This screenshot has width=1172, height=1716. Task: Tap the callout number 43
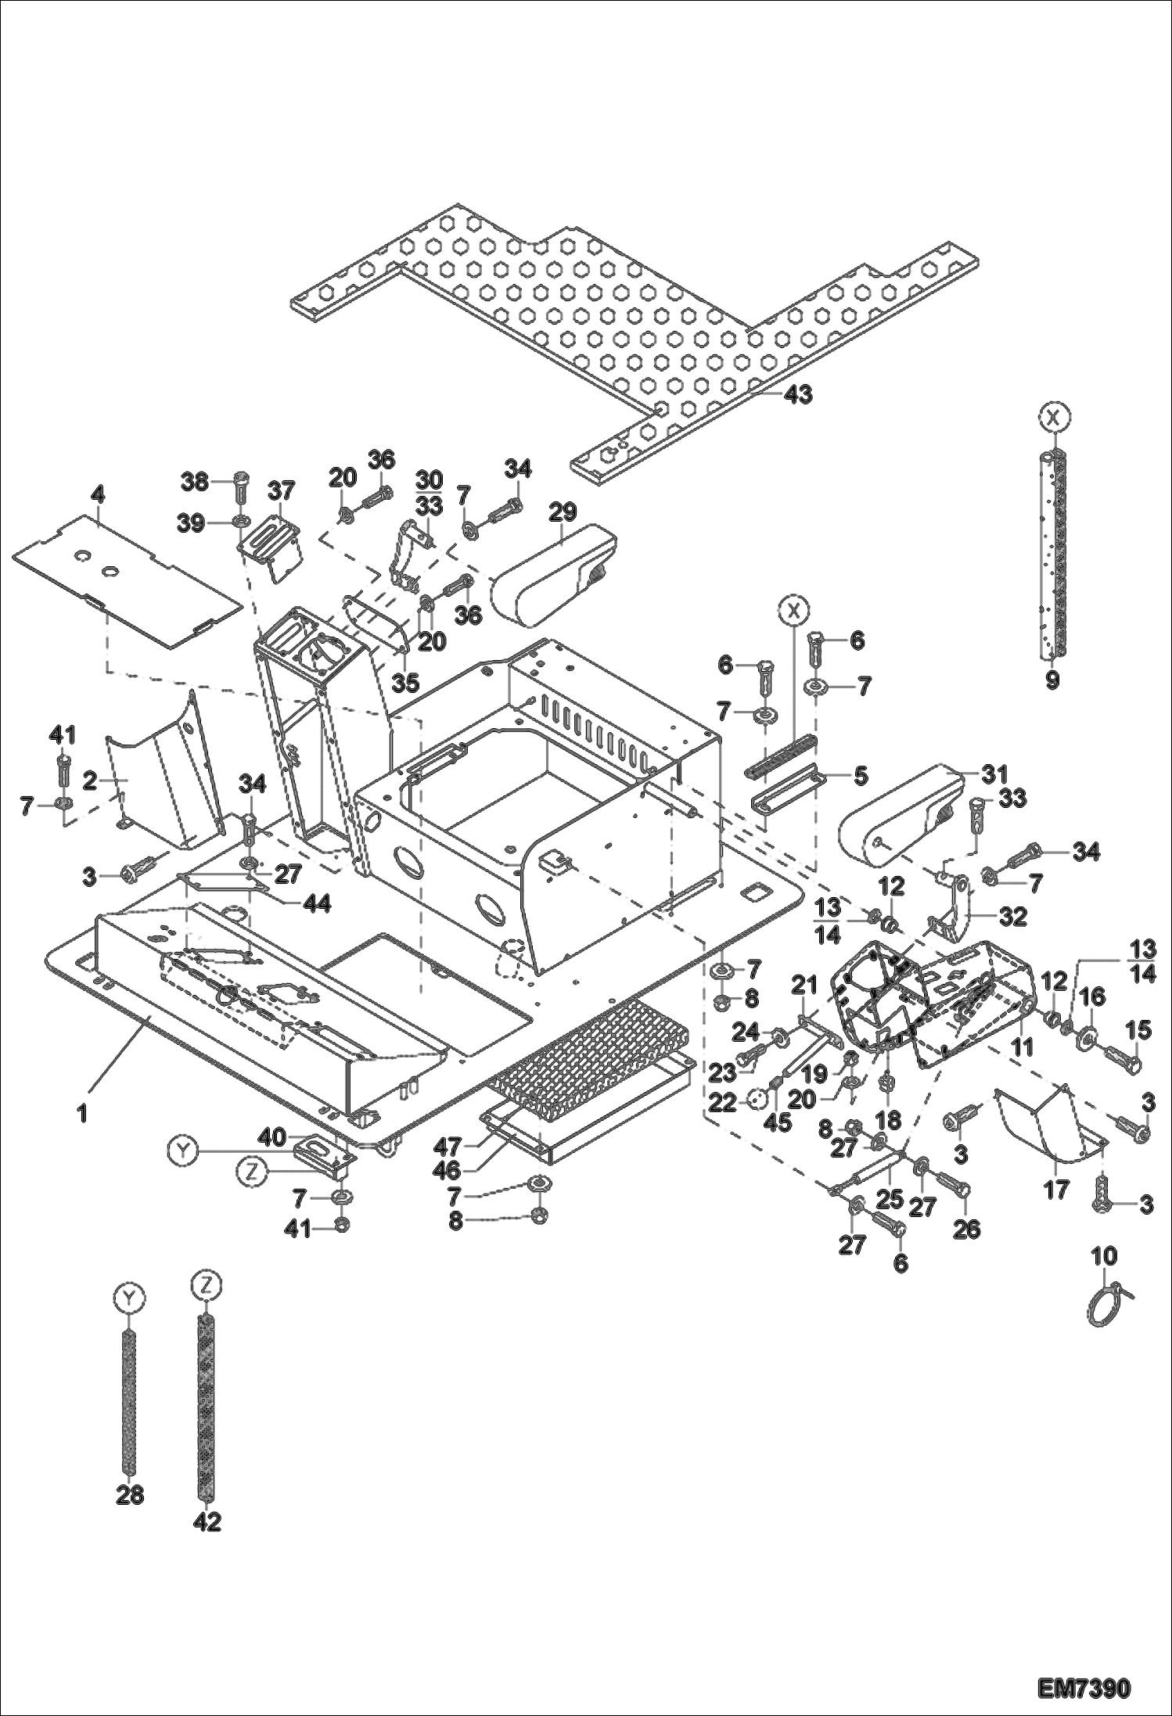click(798, 395)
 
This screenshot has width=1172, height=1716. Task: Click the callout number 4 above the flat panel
click(97, 495)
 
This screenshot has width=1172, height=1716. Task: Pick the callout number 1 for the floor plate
click(82, 1113)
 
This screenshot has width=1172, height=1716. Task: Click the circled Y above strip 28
click(130, 1298)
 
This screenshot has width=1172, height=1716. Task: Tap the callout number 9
click(1052, 680)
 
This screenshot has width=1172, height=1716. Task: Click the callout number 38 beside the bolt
click(196, 483)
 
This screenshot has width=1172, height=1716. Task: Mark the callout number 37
click(281, 491)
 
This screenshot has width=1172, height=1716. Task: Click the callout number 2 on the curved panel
click(90, 780)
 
